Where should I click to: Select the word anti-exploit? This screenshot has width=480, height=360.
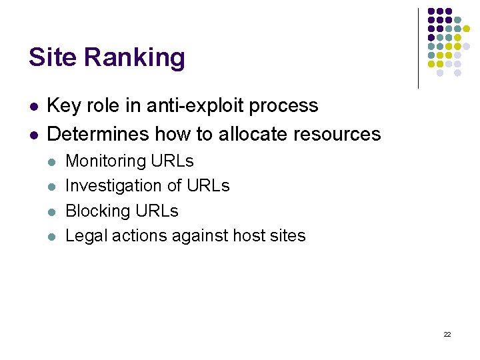198,106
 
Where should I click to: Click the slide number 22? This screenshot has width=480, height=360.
447,334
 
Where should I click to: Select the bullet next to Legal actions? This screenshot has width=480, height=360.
51,236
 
